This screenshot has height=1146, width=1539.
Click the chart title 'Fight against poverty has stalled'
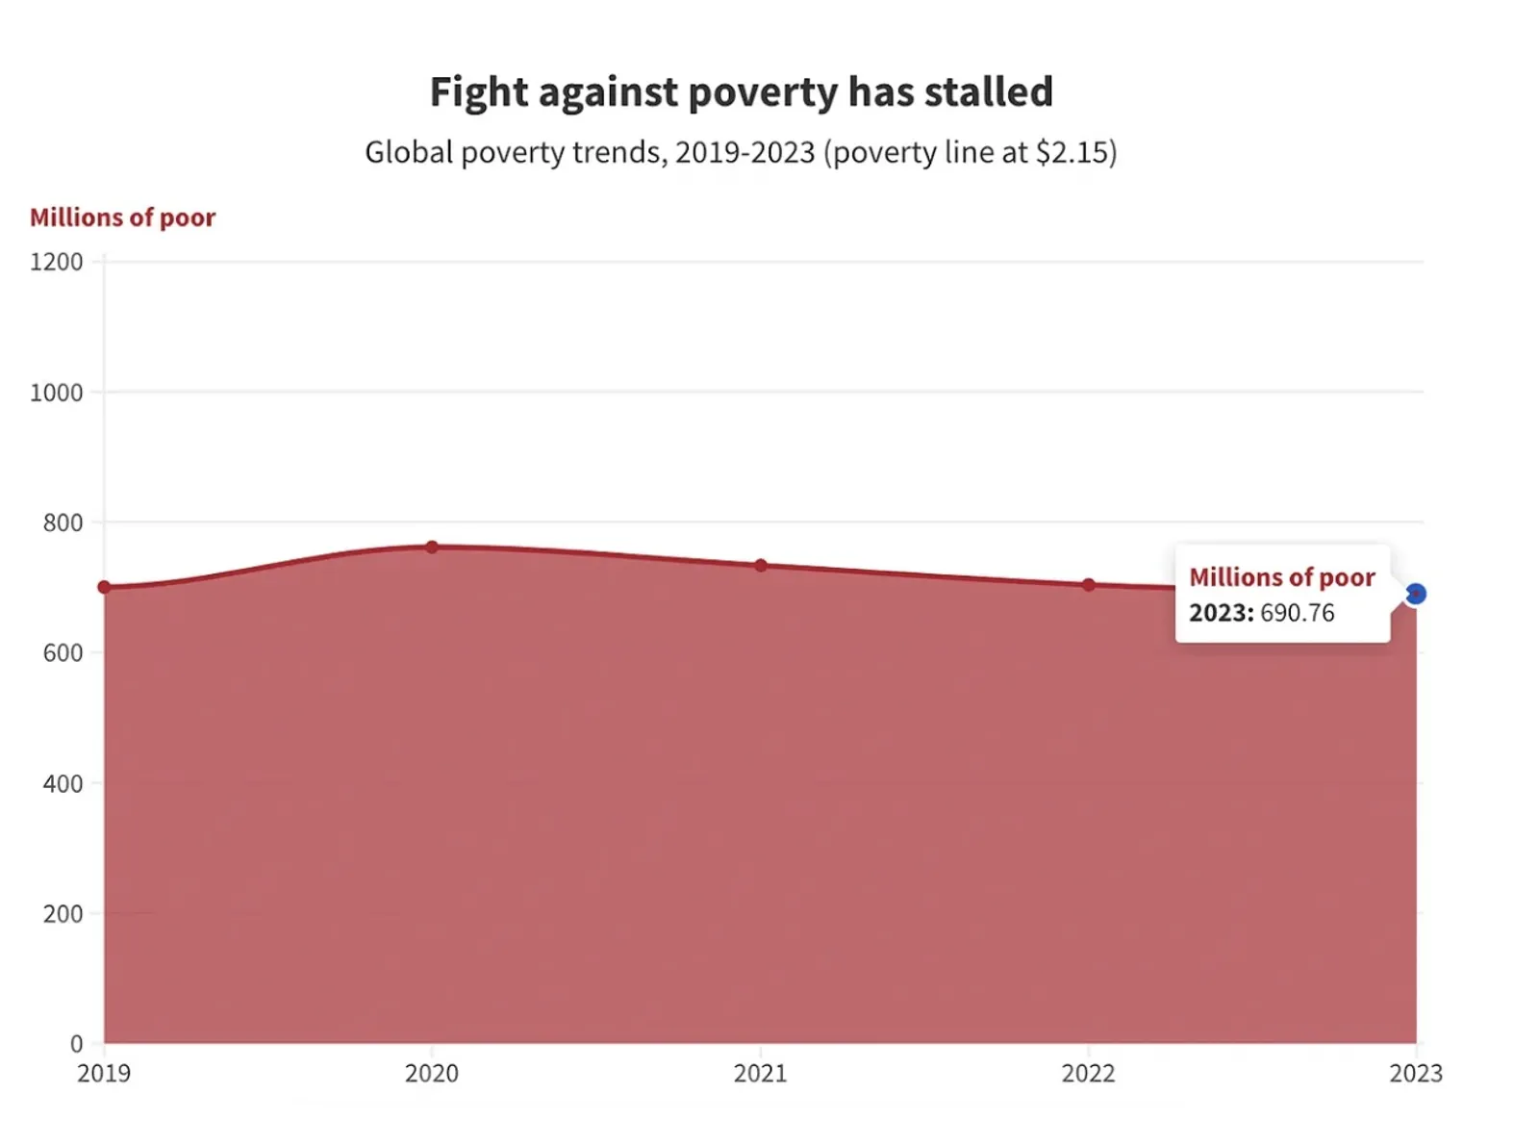tap(741, 92)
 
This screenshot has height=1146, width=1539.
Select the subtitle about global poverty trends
tap(741, 152)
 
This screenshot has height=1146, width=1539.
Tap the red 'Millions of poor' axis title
tap(122, 217)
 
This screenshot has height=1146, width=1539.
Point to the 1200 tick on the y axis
tap(56, 262)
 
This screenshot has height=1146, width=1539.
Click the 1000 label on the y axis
tap(56, 393)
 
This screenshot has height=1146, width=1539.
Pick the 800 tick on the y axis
tap(63, 522)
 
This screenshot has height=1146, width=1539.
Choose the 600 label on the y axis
tap(63, 652)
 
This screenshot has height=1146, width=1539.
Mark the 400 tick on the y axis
tap(63, 783)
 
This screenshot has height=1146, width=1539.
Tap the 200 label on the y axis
tap(63, 913)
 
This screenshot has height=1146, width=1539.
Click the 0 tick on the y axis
tap(76, 1043)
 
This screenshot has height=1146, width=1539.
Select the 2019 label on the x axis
tap(104, 1073)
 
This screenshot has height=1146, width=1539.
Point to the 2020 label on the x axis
tap(432, 1073)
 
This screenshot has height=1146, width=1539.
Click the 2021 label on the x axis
tap(761, 1073)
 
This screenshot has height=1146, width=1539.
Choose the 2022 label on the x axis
tap(1089, 1073)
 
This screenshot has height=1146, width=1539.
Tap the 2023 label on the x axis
tap(1416, 1073)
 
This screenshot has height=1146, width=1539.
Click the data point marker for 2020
tap(432, 547)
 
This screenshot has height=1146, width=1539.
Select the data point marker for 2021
tap(761, 566)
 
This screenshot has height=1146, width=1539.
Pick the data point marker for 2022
tap(1089, 585)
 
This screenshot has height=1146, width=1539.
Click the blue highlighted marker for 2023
tap(1416, 595)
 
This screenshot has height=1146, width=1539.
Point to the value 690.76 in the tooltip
tap(1297, 613)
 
